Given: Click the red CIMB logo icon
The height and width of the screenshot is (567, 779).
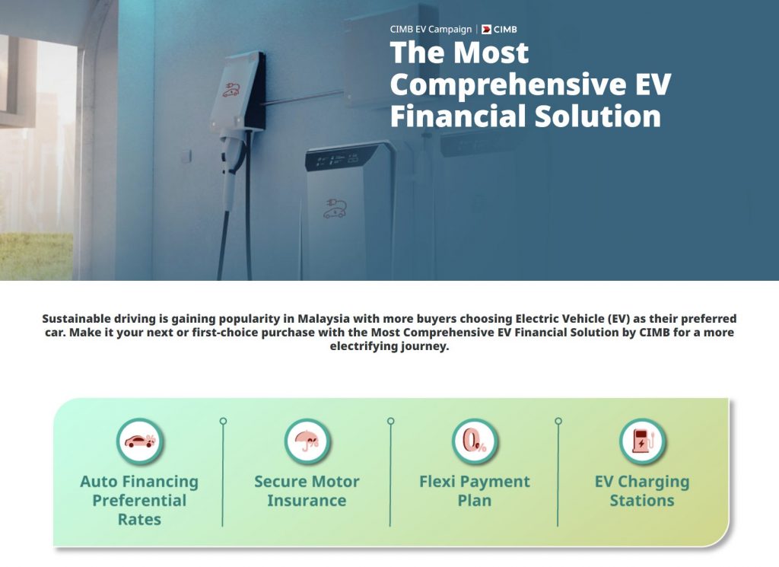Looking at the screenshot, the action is coord(486,30).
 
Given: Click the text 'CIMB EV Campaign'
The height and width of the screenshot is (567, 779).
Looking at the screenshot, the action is coord(431,30).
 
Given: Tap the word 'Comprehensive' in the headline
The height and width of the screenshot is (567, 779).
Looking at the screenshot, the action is coord(510,84).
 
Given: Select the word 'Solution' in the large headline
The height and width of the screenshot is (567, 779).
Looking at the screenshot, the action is coord(598,116).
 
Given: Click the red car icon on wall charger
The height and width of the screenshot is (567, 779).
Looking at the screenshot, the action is coord(231,90).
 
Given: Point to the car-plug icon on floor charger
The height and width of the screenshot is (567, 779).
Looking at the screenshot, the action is coord(335,209).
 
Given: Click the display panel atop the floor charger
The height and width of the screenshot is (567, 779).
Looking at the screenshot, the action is coord(343,158).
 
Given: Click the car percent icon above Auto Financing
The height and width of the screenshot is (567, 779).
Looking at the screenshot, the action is coord(140,441).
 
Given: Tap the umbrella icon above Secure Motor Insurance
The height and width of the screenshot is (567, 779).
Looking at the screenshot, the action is coord(307,441).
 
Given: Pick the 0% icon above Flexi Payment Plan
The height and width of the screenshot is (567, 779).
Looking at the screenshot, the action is coord(475,441).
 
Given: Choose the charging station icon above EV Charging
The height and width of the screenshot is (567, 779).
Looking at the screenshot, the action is coord(642,441).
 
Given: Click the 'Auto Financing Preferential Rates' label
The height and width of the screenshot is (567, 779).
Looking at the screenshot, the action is coord(140,501).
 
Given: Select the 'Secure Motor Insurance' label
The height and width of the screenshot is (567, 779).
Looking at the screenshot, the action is coord(307,491).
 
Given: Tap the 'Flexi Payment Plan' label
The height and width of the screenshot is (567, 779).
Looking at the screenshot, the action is coord(475,491).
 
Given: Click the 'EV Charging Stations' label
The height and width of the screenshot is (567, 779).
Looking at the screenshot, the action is coord(642,491).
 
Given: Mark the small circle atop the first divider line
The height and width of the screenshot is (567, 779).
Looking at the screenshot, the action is coord(223,421).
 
